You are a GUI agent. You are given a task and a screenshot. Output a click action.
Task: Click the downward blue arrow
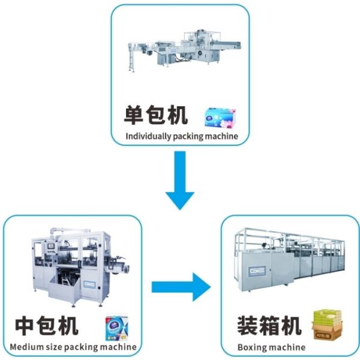coord(180,183)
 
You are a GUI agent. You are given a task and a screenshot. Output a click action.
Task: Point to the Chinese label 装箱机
coord(268,326)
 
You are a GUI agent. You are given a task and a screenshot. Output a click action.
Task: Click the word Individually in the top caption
coord(147,136)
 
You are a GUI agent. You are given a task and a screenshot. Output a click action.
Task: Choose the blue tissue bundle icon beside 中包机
coord(117,328)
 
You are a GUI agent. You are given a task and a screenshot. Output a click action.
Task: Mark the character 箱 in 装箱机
coord(268,326)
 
